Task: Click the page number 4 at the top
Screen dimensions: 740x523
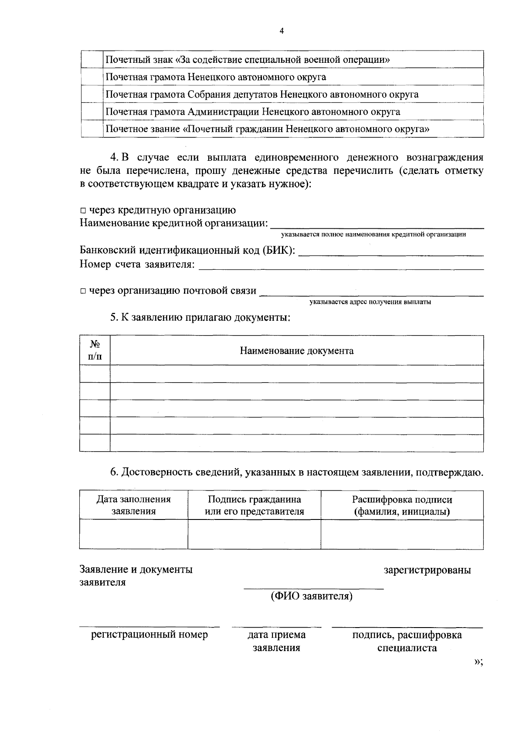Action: pyautogui.click(x=281, y=31)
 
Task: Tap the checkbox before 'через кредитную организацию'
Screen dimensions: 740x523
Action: pyautogui.click(x=83, y=211)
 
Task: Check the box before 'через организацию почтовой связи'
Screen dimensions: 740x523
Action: pyautogui.click(x=83, y=291)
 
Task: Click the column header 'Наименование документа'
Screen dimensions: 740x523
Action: pyautogui.click(x=296, y=351)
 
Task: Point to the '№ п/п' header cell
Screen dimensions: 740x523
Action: pyautogui.click(x=95, y=350)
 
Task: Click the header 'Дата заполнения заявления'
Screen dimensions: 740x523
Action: pyautogui.click(x=133, y=505)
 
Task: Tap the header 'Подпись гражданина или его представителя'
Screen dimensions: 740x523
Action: pyautogui.click(x=254, y=505)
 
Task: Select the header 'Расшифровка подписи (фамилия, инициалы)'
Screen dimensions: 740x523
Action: pyautogui.click(x=402, y=505)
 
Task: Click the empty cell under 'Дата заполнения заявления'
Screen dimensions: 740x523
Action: pyautogui.click(x=133, y=534)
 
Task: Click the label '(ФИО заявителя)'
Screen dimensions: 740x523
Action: pyautogui.click(x=311, y=596)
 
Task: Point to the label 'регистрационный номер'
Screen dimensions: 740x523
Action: pyautogui.click(x=149, y=635)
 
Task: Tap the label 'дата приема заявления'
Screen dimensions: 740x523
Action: pyautogui.click(x=276, y=641)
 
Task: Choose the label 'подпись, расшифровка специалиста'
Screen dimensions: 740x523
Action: pyautogui.click(x=407, y=641)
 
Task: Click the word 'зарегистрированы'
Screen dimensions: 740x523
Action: pyautogui.click(x=427, y=570)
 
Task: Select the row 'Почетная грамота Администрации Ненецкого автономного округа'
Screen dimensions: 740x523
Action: pyautogui.click(x=253, y=112)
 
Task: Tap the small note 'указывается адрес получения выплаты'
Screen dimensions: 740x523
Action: pyautogui.click(x=370, y=302)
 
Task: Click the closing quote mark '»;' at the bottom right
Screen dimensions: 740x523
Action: pyautogui.click(x=478, y=662)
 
